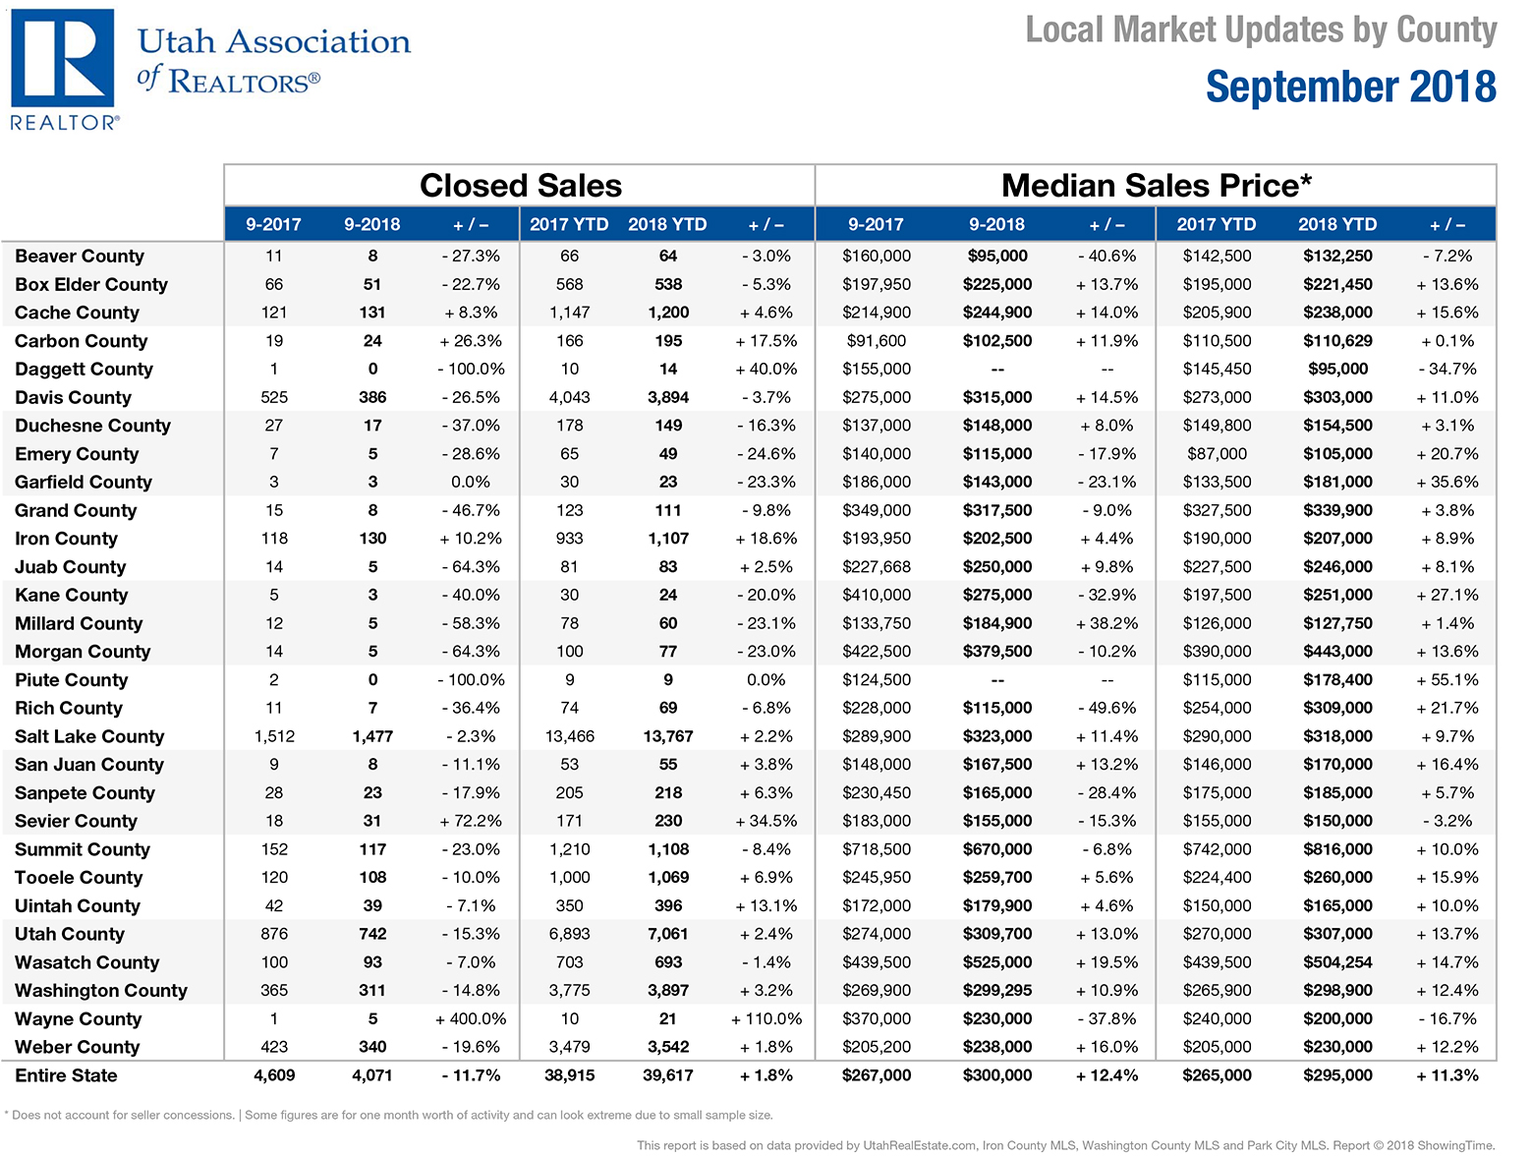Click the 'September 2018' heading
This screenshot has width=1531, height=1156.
(x=1350, y=87)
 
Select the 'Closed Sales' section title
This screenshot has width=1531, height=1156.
(x=521, y=186)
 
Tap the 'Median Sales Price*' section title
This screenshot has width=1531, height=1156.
(x=1156, y=186)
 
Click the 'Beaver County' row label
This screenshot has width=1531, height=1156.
(x=80, y=256)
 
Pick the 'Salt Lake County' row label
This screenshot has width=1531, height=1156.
(x=89, y=736)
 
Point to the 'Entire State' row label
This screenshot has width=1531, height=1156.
(x=66, y=1075)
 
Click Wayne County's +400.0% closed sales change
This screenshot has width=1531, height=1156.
(x=470, y=1018)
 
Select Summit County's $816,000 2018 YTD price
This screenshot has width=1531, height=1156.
(x=1337, y=849)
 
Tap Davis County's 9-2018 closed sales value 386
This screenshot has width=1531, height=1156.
(x=372, y=397)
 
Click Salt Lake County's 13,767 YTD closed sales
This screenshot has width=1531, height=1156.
(x=667, y=736)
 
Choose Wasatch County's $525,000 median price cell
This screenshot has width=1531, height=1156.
(x=996, y=962)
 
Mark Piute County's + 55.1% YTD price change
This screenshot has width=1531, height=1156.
(x=1446, y=679)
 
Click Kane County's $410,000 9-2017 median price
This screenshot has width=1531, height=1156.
(x=877, y=595)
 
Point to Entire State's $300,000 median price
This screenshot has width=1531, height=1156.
(x=996, y=1075)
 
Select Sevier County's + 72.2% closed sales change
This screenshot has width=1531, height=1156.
(x=470, y=821)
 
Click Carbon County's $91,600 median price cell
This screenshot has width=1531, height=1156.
(x=877, y=340)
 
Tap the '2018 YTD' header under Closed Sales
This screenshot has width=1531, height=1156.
(x=667, y=224)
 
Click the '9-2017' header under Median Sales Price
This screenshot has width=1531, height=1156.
(x=876, y=224)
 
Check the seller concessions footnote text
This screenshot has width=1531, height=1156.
(x=389, y=1115)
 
